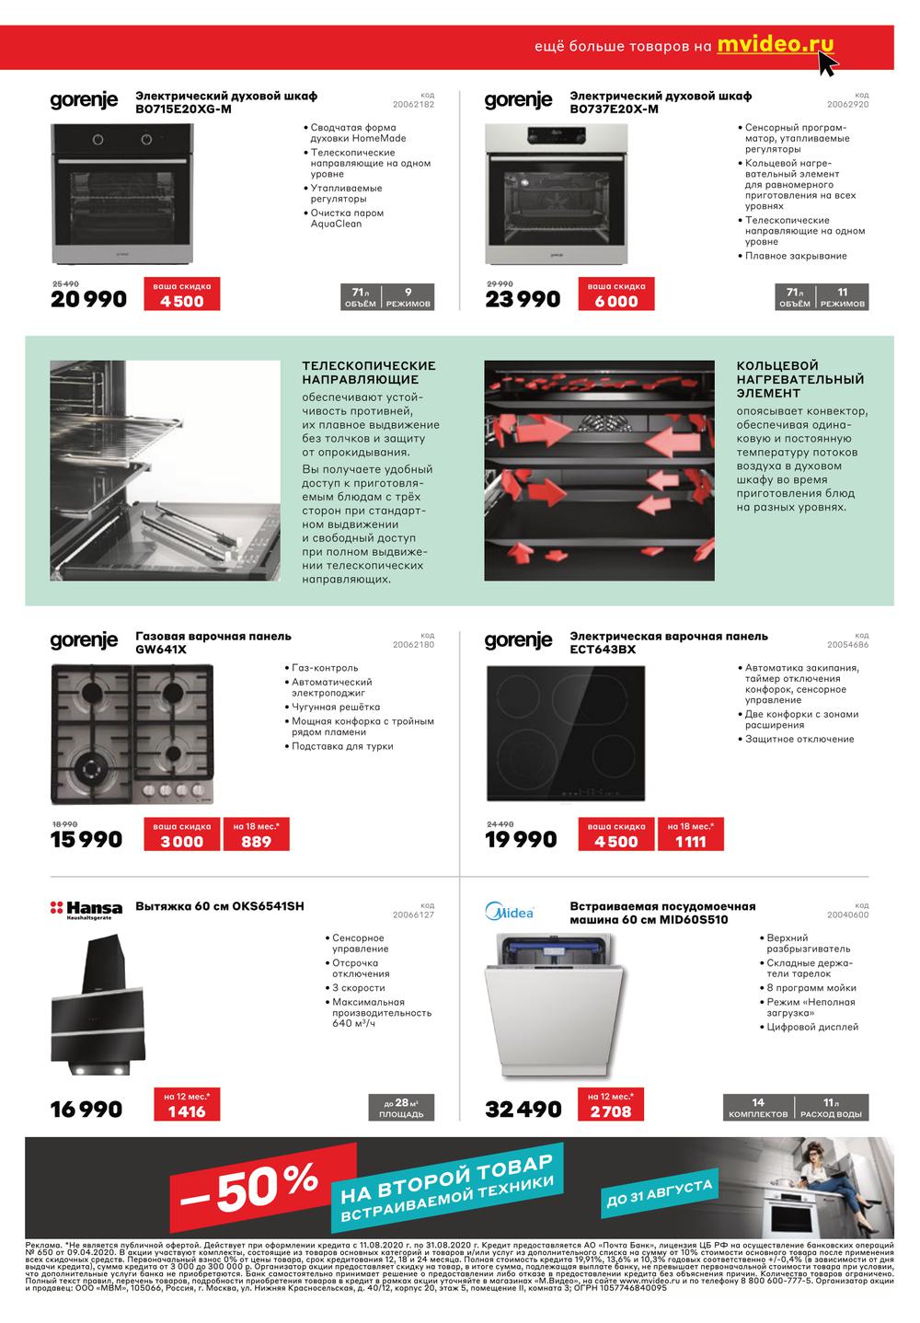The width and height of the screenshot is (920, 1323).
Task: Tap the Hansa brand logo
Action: tap(86, 910)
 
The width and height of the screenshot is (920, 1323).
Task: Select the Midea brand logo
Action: tap(509, 912)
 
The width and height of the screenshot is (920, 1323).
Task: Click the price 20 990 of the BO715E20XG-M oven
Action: tap(88, 299)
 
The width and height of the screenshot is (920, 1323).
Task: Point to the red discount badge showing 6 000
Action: tap(616, 295)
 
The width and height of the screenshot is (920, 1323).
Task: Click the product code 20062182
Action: tap(413, 104)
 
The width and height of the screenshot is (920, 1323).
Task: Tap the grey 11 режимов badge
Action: tap(842, 297)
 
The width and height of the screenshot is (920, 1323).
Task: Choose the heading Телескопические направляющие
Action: tap(369, 373)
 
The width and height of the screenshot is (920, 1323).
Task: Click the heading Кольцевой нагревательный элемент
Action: tap(799, 379)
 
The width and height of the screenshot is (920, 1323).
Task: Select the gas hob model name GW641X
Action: tap(161, 650)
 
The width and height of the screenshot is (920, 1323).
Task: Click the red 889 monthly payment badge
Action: tap(256, 835)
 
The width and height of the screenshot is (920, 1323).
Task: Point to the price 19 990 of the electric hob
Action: tap(522, 839)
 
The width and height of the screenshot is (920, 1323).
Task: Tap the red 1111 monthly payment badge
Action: tap(690, 835)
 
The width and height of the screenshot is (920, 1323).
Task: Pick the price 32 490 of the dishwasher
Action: tap(523, 1110)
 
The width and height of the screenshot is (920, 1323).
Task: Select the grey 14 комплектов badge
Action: tap(758, 1108)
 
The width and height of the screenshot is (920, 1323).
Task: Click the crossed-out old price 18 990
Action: tap(64, 824)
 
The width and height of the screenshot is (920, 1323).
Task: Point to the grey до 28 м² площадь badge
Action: tap(401, 1108)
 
